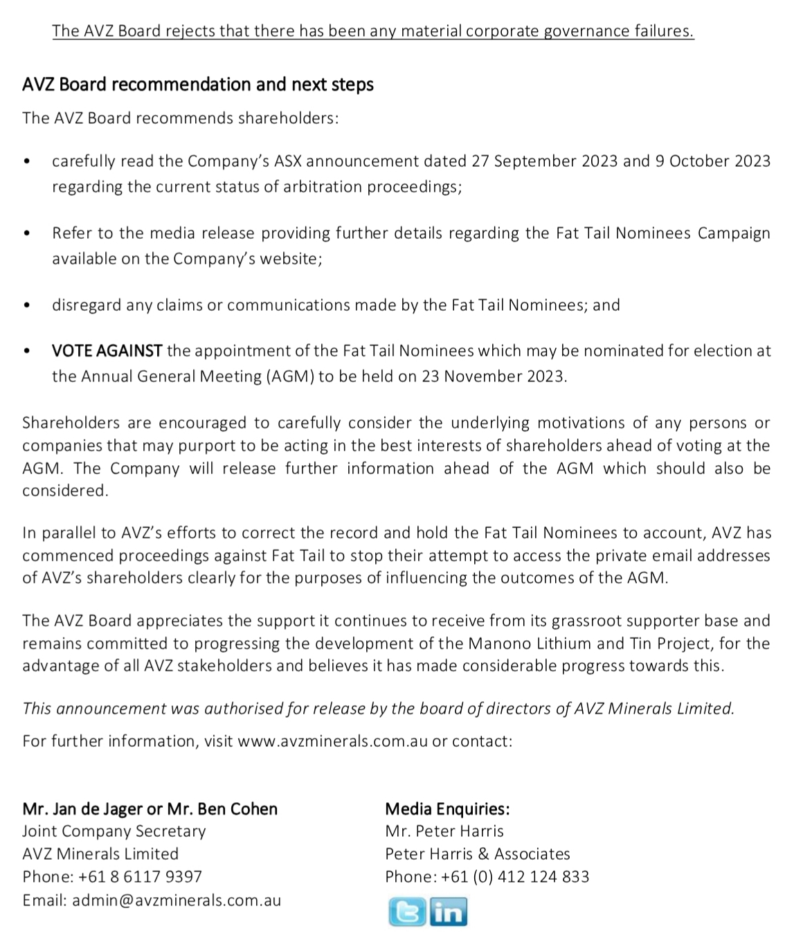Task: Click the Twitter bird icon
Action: click(406, 912)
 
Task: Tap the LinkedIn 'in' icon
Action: click(449, 912)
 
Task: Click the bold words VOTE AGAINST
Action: click(107, 351)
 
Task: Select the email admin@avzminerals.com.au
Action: click(177, 901)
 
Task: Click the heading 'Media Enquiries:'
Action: click(447, 808)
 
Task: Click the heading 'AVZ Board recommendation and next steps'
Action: click(198, 84)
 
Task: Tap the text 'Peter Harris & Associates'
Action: click(478, 854)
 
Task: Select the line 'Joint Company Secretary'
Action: click(114, 831)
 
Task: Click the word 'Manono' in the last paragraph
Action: click(494, 644)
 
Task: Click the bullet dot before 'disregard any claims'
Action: click(27, 306)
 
